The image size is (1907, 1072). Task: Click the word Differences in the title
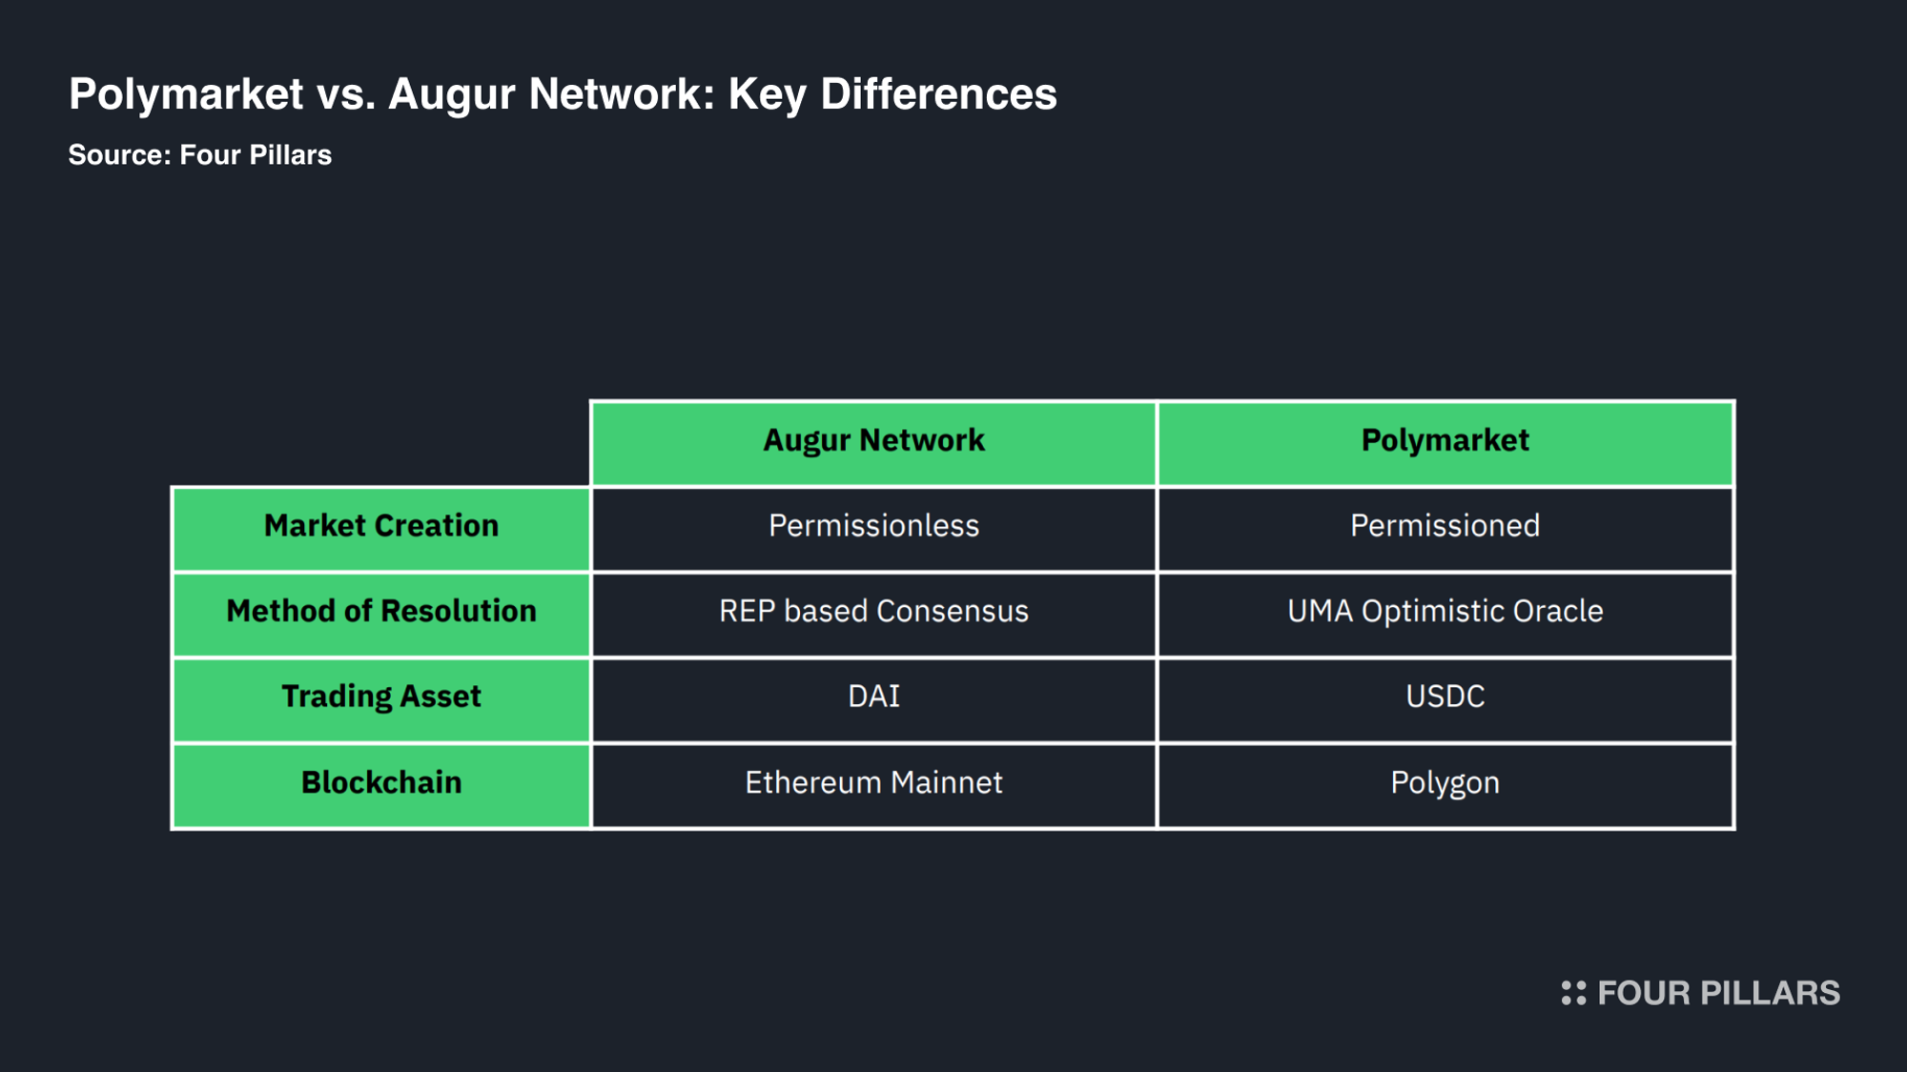click(x=938, y=93)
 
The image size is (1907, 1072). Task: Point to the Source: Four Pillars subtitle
click(x=200, y=154)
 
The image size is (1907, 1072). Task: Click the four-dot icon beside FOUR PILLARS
click(x=1573, y=993)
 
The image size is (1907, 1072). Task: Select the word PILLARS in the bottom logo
click(x=1771, y=993)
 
